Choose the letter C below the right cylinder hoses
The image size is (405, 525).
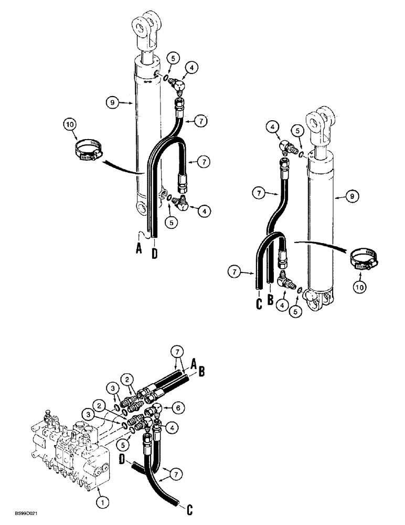[x=258, y=303]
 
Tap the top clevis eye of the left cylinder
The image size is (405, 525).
[x=145, y=27]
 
